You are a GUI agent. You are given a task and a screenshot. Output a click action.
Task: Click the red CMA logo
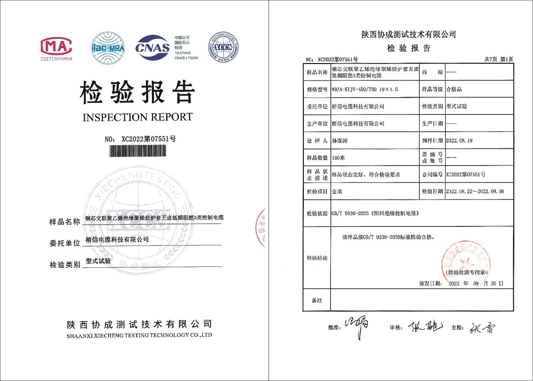click(56, 46)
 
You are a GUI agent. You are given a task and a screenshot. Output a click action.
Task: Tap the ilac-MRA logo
click(108, 48)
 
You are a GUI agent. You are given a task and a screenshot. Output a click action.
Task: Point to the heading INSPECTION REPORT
click(138, 117)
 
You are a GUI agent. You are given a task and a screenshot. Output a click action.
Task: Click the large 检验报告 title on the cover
click(138, 92)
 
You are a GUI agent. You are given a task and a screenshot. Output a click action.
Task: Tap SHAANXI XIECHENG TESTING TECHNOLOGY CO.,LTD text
click(139, 335)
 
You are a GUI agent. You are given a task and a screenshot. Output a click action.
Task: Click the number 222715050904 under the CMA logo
click(56, 59)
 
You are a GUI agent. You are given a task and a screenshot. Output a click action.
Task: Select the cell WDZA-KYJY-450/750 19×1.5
click(365, 89)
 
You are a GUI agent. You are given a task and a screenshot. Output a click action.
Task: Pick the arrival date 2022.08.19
click(459, 140)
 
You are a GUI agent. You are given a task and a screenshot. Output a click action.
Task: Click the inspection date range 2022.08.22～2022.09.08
click(475, 191)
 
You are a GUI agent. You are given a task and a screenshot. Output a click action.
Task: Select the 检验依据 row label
click(317, 213)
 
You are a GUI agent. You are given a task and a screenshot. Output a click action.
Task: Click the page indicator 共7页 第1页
click(499, 59)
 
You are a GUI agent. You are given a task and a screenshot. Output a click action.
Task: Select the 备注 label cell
click(317, 301)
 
